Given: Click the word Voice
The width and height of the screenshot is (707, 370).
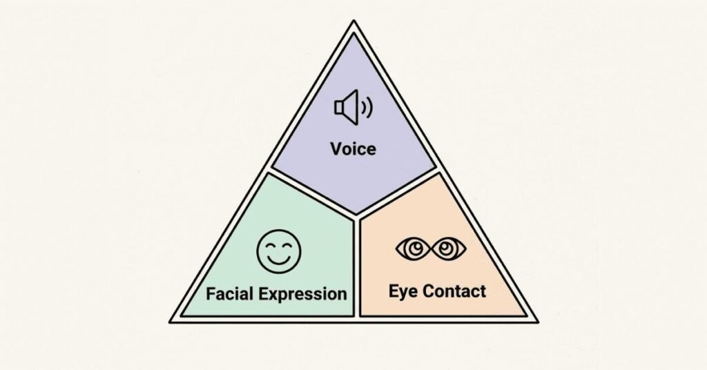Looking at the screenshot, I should (x=353, y=148).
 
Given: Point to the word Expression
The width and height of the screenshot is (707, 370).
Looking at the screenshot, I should (x=304, y=294).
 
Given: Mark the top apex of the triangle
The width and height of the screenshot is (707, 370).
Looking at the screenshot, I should (x=353, y=23).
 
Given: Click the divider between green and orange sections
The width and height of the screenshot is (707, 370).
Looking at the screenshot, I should (x=355, y=269).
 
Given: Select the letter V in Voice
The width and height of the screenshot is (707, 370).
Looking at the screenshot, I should (x=336, y=148).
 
